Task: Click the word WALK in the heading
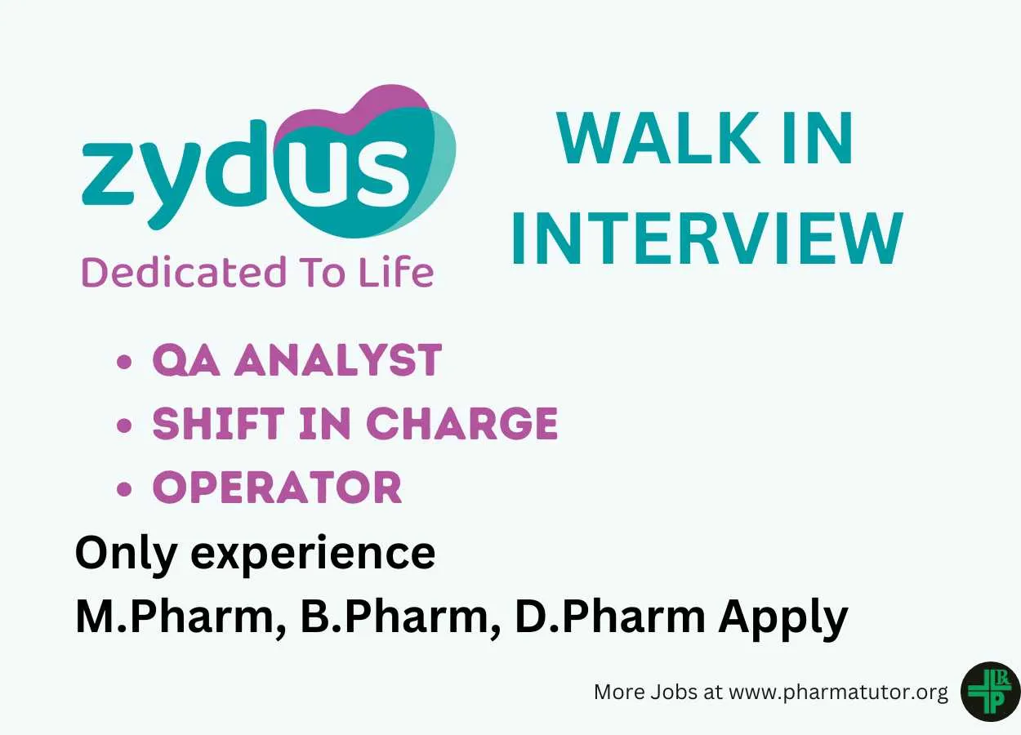click(x=658, y=138)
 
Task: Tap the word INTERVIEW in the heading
click(x=708, y=238)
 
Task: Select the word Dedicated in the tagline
click(x=184, y=272)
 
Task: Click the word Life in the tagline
click(x=396, y=272)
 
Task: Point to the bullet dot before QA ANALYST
click(x=124, y=362)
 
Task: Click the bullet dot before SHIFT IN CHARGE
click(x=124, y=425)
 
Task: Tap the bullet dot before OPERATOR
click(x=124, y=488)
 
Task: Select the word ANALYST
click(x=338, y=360)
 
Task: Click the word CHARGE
click(x=461, y=423)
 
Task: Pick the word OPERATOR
click(x=277, y=487)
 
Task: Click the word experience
click(x=313, y=555)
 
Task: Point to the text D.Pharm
click(x=610, y=615)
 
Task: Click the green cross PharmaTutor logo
click(x=991, y=692)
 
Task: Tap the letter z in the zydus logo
click(x=108, y=174)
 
